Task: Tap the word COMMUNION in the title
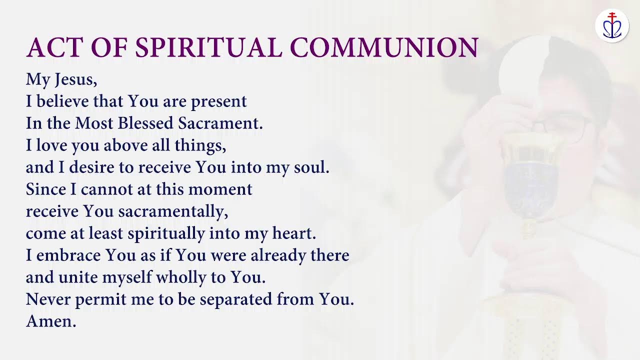click(384, 48)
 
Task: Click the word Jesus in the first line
click(74, 80)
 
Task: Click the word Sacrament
click(221, 123)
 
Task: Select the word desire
click(93, 167)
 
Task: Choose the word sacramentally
click(173, 212)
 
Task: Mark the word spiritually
click(166, 234)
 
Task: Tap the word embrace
click(68, 255)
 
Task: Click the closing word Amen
click(51, 321)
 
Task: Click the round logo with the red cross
click(611, 25)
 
